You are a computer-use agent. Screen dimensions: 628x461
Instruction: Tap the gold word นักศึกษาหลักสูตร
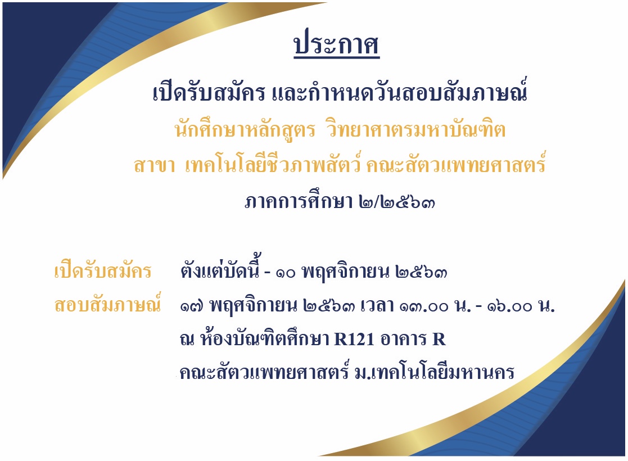[x=245, y=129]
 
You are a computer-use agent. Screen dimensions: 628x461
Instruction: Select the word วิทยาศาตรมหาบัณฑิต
[x=417, y=129]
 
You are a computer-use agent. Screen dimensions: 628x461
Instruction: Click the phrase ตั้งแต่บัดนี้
[x=220, y=268]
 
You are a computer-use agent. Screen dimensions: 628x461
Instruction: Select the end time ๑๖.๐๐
[x=509, y=307]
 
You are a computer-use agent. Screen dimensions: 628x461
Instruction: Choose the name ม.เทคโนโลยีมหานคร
[x=435, y=372]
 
